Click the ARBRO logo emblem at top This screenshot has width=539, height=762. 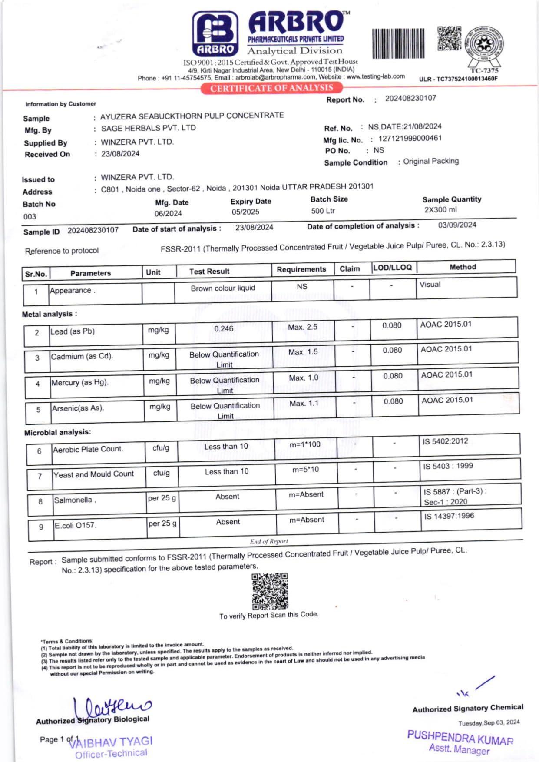click(x=215, y=34)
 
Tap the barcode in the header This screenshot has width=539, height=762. click(x=398, y=43)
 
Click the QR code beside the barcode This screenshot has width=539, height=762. click(x=449, y=38)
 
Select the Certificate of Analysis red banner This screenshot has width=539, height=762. click(x=271, y=88)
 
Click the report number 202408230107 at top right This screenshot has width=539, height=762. click(x=410, y=98)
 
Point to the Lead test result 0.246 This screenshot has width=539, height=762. click(x=224, y=329)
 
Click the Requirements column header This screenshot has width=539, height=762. click(x=301, y=269)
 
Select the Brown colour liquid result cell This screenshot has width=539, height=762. click(x=223, y=288)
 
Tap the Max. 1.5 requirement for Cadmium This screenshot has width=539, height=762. click(x=303, y=352)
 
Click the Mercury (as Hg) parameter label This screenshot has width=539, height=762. click(x=80, y=382)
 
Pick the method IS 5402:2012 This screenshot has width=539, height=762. click(x=445, y=441)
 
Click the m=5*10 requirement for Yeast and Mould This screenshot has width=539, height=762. click(x=305, y=469)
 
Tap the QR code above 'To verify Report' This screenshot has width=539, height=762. click(x=270, y=591)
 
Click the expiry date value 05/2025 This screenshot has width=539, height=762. click(x=245, y=212)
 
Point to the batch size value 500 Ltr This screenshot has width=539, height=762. click(x=323, y=211)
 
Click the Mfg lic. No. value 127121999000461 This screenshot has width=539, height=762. click(x=410, y=139)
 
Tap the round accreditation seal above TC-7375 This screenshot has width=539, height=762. click(x=484, y=46)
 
